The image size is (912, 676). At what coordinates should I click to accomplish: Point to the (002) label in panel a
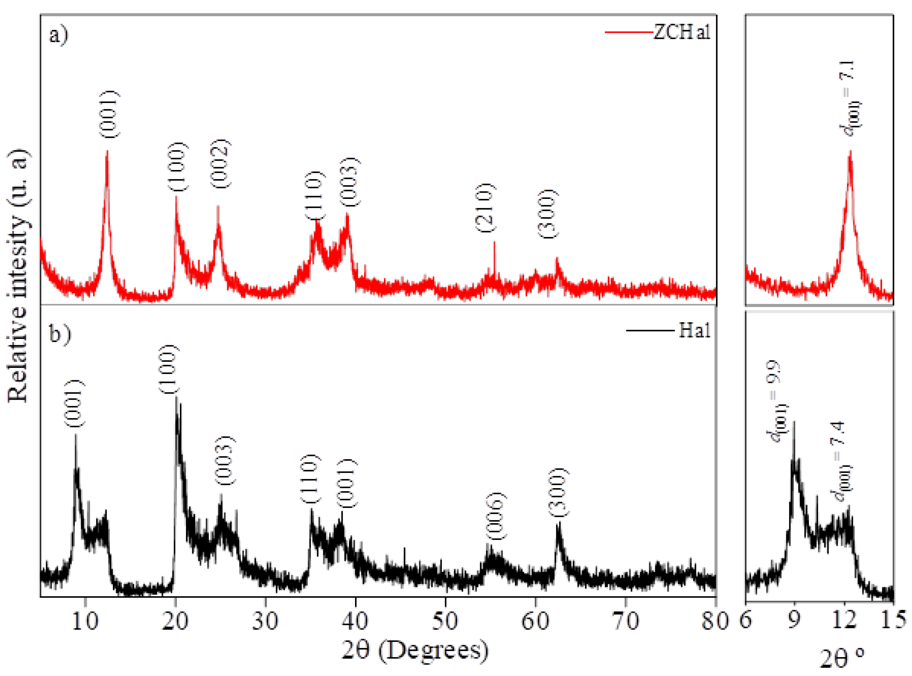point(221,164)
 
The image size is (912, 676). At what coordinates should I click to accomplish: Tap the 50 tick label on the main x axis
point(445,621)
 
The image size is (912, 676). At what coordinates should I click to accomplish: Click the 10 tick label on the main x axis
point(85,621)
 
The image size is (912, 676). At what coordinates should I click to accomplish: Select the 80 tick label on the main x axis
point(715,621)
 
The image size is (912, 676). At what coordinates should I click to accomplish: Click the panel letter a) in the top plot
point(59,36)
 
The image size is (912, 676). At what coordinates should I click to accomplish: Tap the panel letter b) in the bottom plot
point(60,333)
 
